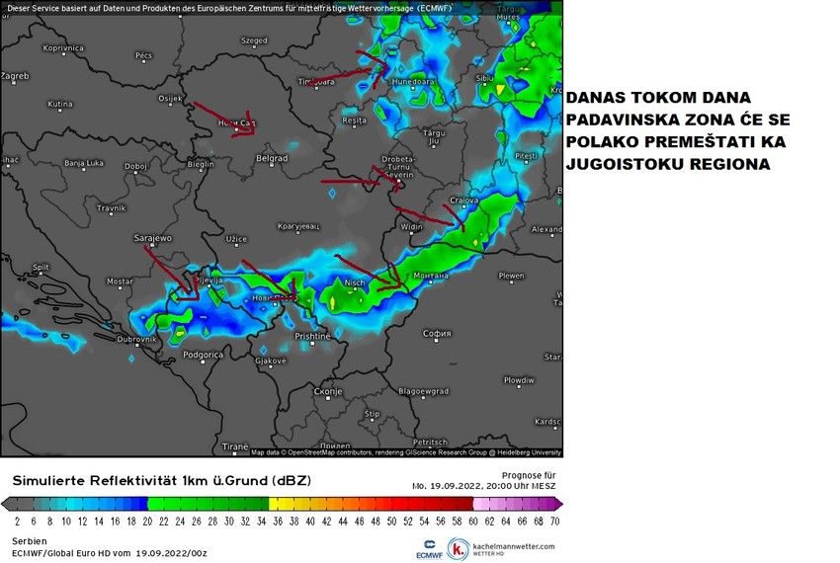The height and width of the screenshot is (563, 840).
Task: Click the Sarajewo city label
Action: point(153,238)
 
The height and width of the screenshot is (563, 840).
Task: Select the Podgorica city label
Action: point(204,354)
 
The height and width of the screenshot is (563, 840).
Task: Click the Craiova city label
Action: point(463,201)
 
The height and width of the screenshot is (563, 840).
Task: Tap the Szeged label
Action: point(254,40)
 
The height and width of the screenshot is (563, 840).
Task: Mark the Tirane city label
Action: point(235,446)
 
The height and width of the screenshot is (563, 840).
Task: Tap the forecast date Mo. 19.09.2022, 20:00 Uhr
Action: point(483,486)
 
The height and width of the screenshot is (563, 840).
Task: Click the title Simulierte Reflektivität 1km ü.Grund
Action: point(161,481)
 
